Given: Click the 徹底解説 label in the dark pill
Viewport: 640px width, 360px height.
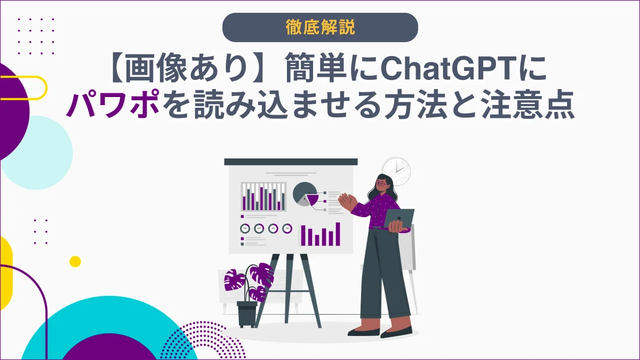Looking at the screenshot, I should (x=320, y=28).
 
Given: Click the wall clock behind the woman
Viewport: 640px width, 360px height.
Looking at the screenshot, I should (x=396, y=171).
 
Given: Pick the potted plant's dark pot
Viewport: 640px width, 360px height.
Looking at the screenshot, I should (x=247, y=314).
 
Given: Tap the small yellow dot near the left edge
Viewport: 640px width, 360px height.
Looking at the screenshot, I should (x=75, y=261).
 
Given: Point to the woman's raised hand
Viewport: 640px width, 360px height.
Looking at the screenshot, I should (x=347, y=201).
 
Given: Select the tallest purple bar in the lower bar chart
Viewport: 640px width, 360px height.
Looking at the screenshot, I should (x=338, y=234).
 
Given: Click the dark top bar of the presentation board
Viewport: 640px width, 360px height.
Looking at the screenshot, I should (x=291, y=162).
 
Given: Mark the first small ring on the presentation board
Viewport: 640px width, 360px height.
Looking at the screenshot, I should (x=245, y=228).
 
